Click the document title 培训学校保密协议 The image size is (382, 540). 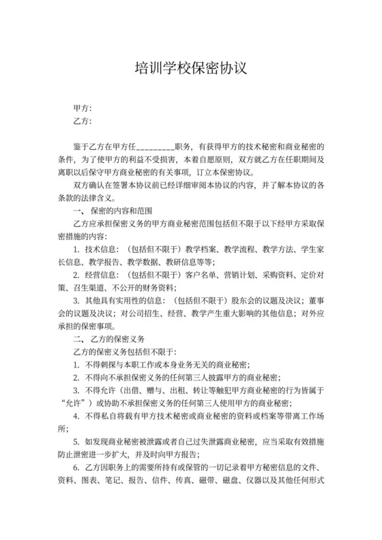190,68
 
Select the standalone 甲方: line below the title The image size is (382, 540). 82,108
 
